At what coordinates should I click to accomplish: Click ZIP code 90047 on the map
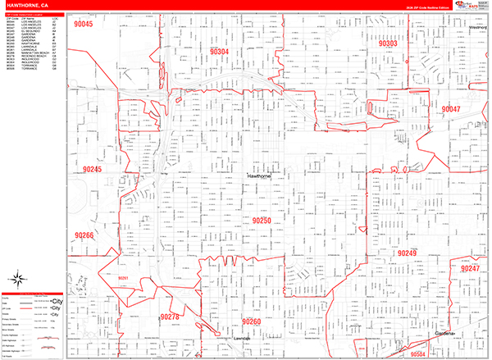click(x=452, y=109)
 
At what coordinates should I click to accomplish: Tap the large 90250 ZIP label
click(x=262, y=221)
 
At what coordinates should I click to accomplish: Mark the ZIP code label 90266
click(x=84, y=236)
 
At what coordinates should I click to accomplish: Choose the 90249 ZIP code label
click(x=408, y=253)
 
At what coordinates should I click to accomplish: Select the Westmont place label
click(x=477, y=27)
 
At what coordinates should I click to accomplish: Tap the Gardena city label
click(x=447, y=334)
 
